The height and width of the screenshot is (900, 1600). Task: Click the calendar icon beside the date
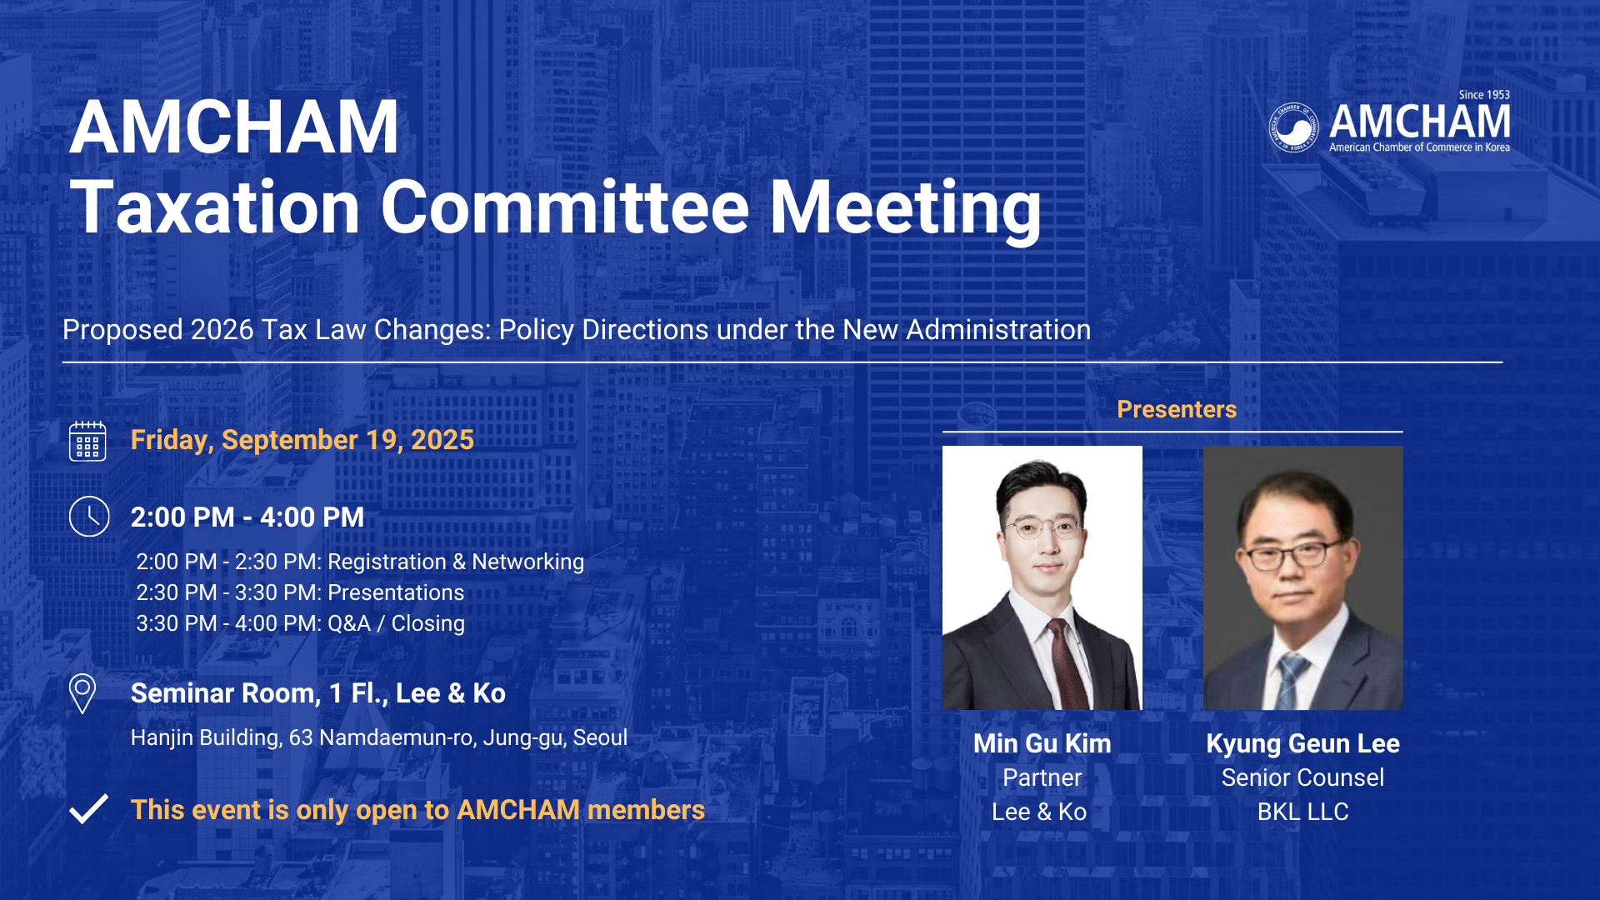coord(87,441)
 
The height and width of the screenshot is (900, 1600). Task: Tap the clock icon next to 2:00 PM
coord(89,517)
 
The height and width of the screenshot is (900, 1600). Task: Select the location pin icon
coord(82,693)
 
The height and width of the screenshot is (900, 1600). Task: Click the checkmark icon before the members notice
coord(88,809)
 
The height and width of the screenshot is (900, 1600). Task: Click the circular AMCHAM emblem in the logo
coord(1294,127)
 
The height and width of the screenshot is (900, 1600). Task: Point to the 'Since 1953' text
coord(1484,95)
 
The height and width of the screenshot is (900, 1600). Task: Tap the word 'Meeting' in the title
coord(905,208)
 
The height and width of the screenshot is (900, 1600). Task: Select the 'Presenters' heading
coord(1177,409)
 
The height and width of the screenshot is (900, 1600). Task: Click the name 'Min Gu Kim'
coord(1042,743)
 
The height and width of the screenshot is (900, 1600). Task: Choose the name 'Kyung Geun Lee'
coord(1302,744)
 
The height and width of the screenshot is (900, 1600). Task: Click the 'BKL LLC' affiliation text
coord(1302,812)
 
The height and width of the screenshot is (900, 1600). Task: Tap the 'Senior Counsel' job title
coord(1302,777)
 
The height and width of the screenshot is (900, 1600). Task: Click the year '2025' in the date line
coord(442,440)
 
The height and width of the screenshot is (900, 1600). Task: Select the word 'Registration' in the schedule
coord(387,562)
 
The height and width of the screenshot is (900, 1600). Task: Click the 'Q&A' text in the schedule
coord(349,623)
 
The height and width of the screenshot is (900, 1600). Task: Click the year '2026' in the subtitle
coord(222,330)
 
